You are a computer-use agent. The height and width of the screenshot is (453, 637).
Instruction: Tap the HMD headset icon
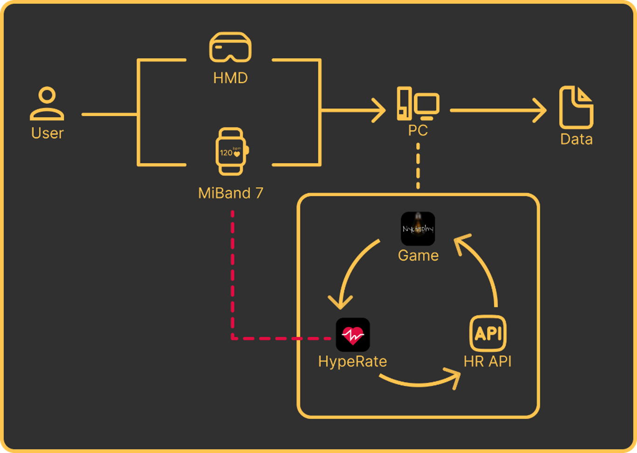(230, 47)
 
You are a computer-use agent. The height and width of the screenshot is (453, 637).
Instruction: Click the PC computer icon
(418, 103)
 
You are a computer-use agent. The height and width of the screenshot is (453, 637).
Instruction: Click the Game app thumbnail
(418, 229)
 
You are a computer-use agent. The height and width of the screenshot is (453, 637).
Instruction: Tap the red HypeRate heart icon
(353, 334)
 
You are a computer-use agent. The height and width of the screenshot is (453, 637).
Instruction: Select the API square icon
(487, 334)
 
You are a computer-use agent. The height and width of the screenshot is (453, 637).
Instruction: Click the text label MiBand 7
(231, 193)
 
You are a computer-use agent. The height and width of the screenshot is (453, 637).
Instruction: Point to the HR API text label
(487, 361)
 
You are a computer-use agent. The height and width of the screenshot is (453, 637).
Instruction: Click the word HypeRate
(352, 361)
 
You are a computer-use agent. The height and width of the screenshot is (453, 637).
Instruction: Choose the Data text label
(576, 139)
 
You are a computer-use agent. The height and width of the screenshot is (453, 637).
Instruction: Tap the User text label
(47, 133)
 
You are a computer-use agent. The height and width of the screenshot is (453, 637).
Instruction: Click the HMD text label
(230, 78)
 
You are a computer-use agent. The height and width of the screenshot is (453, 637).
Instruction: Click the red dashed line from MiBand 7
(232, 279)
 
